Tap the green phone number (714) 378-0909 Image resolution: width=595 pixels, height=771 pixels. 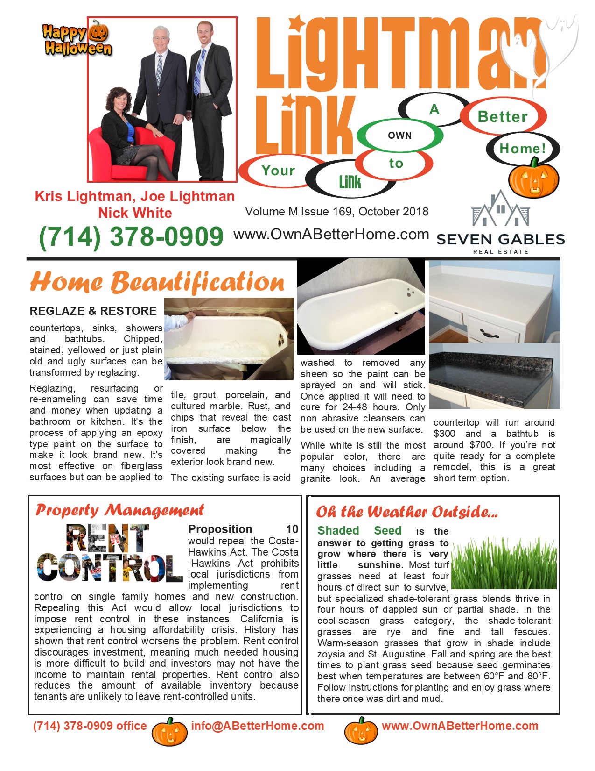131,236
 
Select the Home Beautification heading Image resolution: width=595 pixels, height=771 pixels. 157,282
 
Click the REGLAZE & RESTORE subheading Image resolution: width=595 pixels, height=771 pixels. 93,311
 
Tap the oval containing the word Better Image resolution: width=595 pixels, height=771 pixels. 503,116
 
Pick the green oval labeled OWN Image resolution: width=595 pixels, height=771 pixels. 399,136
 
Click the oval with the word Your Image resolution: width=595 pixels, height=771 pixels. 279,171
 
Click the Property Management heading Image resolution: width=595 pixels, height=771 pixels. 120,510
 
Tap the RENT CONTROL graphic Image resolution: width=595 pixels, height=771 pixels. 110,554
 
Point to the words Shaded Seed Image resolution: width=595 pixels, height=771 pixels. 359,531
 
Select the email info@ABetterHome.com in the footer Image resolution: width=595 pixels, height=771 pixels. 257,726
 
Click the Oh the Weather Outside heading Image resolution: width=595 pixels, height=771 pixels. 406,512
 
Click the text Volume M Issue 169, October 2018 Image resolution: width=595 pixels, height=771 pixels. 336,212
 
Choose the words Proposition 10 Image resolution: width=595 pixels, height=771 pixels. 243,529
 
